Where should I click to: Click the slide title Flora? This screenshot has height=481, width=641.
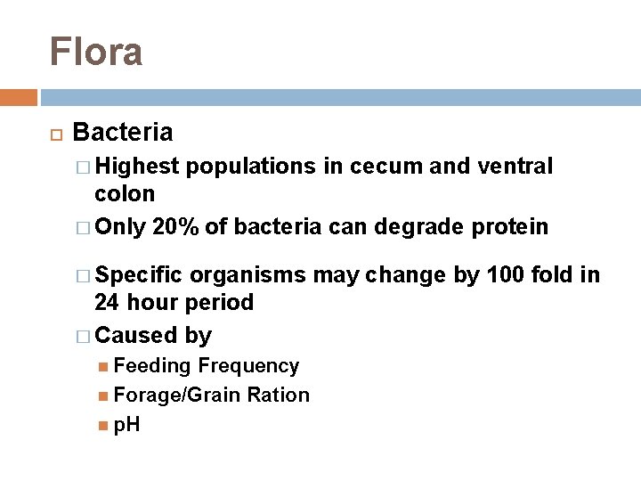coord(96,52)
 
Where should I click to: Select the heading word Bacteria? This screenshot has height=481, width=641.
coord(123,134)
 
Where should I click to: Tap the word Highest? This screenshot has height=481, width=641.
coord(138,166)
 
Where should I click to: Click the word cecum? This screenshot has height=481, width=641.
coord(385,166)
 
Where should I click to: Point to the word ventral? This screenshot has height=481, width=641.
coord(518,166)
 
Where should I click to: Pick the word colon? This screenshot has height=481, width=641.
coord(125,193)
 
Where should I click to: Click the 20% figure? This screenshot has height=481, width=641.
coord(176,226)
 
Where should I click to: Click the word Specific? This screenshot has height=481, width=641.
coord(139,274)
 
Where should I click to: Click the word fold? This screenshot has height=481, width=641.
coord(556,274)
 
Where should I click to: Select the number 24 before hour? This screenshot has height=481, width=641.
coord(108,302)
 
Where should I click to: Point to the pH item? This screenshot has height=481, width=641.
coord(126,425)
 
